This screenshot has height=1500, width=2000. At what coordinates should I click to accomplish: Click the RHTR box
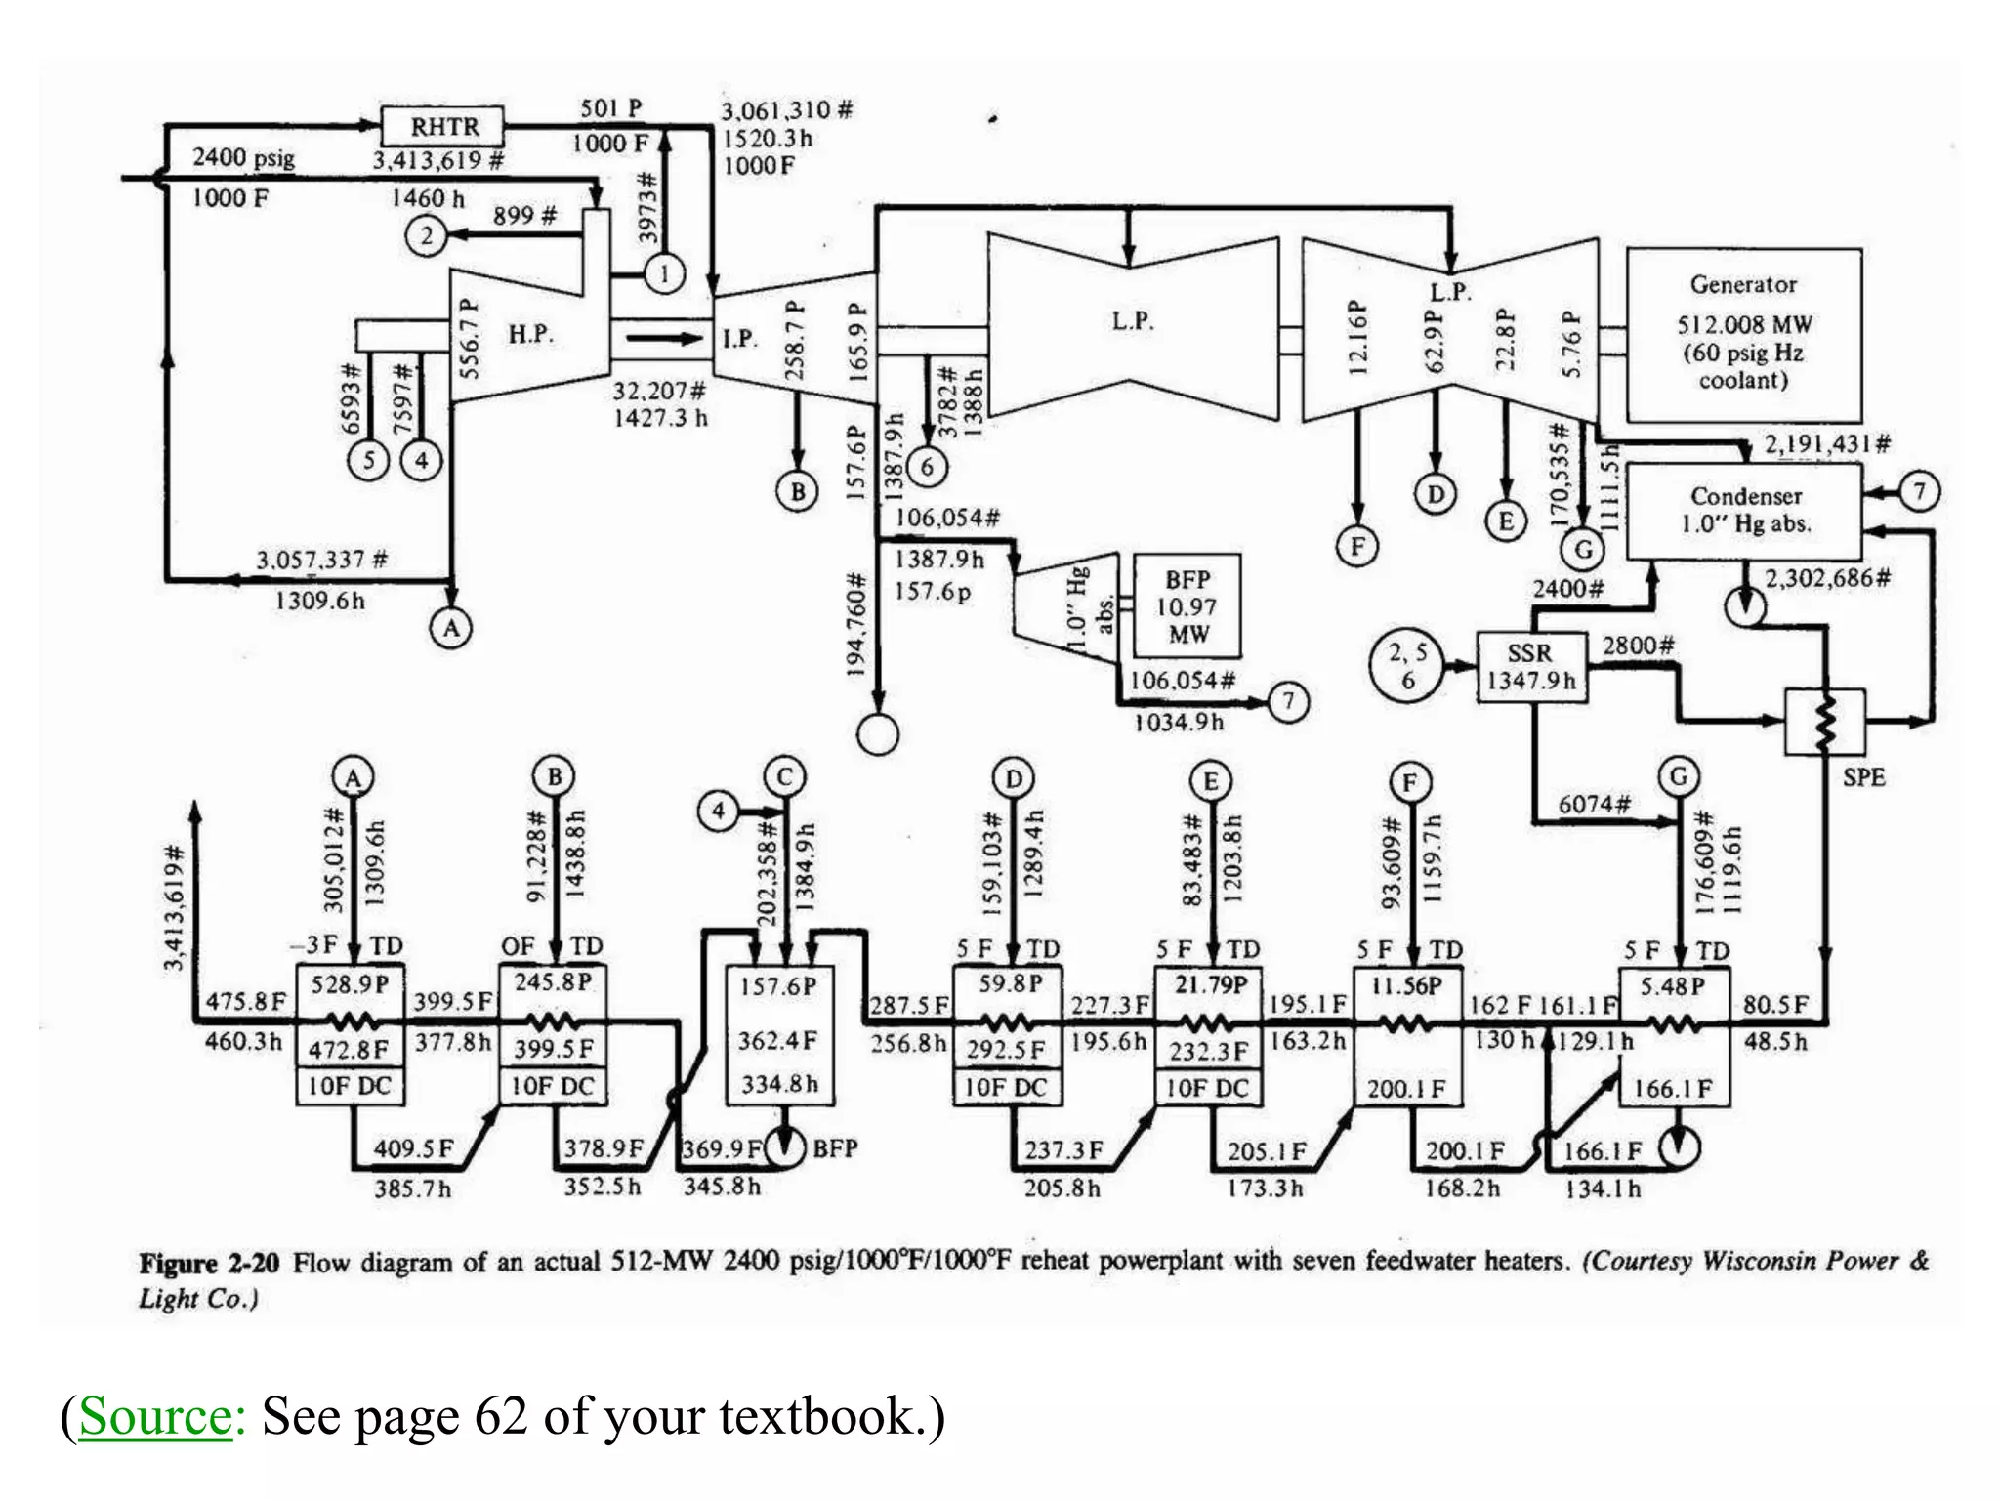[x=443, y=126]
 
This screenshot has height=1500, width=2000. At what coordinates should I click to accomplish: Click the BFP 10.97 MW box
[x=1187, y=606]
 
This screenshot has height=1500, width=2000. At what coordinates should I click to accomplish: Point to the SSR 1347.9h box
[x=1530, y=667]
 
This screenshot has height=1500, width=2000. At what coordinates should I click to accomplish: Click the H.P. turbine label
[x=530, y=334]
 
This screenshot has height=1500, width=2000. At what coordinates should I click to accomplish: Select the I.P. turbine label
[x=739, y=339]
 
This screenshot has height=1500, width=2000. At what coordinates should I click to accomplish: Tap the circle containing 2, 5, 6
[x=1407, y=666]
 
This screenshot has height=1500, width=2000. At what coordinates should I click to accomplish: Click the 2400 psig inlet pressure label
[x=243, y=157]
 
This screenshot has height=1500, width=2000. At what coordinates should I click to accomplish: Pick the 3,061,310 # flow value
[x=786, y=110]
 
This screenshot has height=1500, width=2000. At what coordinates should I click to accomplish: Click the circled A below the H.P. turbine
[x=451, y=628]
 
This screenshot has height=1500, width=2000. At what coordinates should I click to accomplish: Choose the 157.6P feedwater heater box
[x=779, y=1035]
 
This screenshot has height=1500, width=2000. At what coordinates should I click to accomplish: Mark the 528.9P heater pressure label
[x=350, y=983]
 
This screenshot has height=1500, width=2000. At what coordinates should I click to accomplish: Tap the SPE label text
[x=1863, y=777]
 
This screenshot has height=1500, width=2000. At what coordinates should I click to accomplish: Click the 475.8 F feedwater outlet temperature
[x=245, y=1002]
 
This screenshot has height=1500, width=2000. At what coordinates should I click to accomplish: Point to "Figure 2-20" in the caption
[x=209, y=1263]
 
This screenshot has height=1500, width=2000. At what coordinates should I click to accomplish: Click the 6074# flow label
[x=1594, y=804]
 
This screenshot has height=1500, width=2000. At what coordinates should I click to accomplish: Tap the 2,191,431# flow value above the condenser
[x=1826, y=444]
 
